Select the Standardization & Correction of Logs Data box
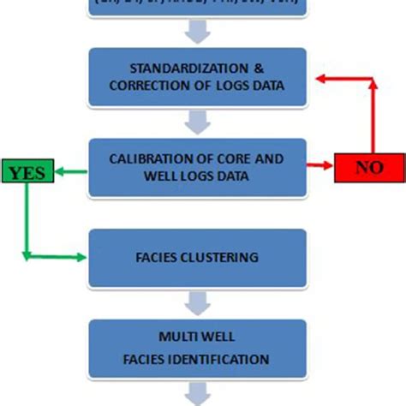click(x=198, y=76)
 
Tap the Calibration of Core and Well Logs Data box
click(x=198, y=167)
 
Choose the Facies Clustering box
click(x=198, y=257)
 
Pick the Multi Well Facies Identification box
click(x=198, y=348)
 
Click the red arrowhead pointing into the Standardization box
click(x=319, y=77)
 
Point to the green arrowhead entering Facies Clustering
click(x=83, y=257)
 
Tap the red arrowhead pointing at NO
click(x=327, y=167)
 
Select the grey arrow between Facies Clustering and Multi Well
click(x=198, y=302)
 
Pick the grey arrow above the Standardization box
click(x=198, y=32)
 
